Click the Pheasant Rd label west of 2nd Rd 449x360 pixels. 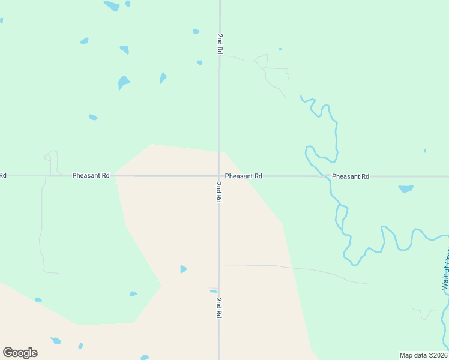(91, 176)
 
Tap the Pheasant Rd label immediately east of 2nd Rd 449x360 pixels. (244, 176)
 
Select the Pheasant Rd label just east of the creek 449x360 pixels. (350, 176)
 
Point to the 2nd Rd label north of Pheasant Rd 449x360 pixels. (220, 44)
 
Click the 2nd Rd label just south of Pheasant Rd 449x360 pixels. (219, 191)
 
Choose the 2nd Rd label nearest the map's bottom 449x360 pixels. (219, 307)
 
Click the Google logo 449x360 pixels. (20, 353)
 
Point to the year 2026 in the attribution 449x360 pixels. (438, 355)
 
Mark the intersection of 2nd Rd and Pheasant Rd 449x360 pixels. (219, 176)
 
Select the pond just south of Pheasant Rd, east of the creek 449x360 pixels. (406, 188)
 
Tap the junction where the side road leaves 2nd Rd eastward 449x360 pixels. (219, 265)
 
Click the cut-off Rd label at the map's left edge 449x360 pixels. (2, 176)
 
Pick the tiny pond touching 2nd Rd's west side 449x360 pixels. (213, 291)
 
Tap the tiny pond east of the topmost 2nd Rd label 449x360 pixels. (280, 49)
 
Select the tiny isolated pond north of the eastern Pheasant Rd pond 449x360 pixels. (424, 151)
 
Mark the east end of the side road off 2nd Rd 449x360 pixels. (366, 283)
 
